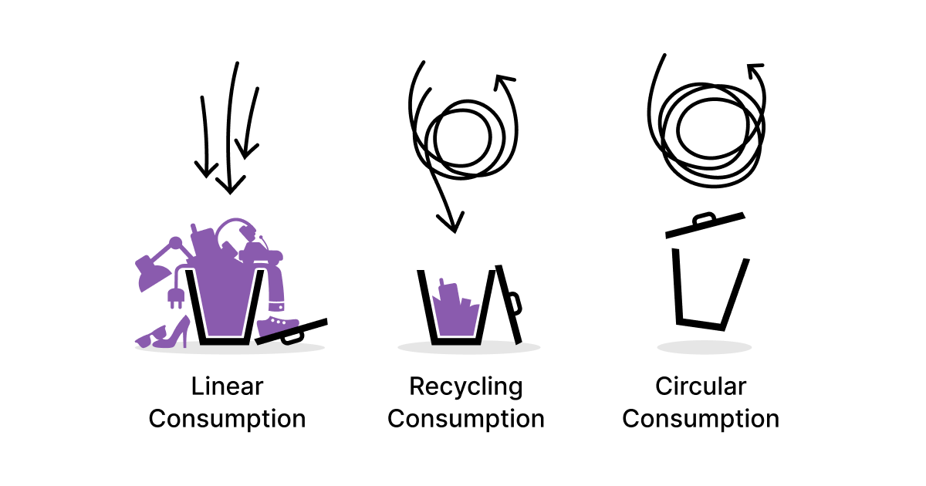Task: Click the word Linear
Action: (x=227, y=386)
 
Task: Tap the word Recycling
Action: (x=466, y=387)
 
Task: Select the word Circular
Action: (x=701, y=386)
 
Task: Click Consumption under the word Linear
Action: (x=227, y=420)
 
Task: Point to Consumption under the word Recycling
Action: (x=466, y=420)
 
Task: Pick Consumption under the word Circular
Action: (x=701, y=420)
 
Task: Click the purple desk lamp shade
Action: (x=151, y=273)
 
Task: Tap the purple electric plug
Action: (x=176, y=297)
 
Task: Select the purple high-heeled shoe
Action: (x=174, y=334)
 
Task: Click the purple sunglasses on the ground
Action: (x=149, y=338)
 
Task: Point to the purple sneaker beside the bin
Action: (x=278, y=326)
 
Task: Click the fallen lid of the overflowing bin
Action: (x=292, y=332)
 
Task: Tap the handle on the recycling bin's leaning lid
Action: (x=515, y=304)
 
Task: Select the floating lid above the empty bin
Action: (x=705, y=225)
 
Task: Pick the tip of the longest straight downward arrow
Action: (x=230, y=194)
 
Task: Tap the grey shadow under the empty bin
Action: (x=705, y=347)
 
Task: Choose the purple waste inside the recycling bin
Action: (x=455, y=312)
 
